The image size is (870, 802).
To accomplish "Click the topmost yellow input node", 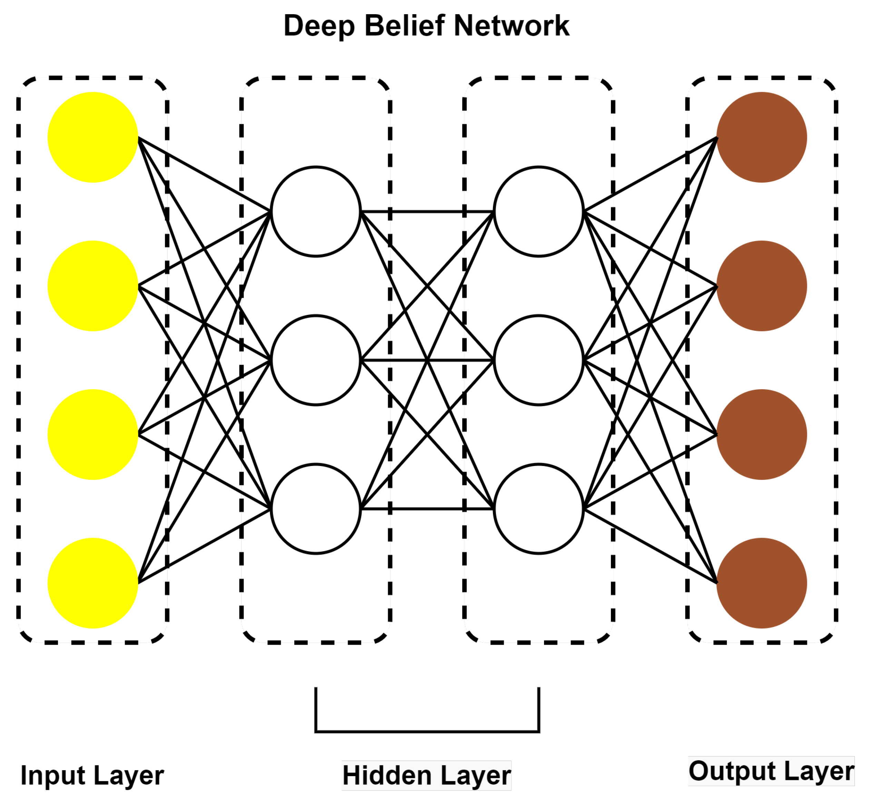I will click(93, 137).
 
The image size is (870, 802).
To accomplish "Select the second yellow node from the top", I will click(93, 286).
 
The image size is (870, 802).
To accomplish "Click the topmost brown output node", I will click(762, 137).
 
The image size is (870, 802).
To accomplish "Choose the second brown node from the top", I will click(762, 286).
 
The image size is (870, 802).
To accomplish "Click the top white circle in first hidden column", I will click(316, 211).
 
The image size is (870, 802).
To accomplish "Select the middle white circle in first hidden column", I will click(316, 360).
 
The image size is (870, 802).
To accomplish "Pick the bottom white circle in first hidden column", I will click(316, 509).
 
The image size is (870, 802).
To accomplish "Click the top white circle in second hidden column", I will click(538, 211).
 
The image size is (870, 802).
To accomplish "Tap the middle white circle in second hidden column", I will click(538, 360).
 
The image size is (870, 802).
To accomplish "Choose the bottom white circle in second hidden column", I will click(538, 509).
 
